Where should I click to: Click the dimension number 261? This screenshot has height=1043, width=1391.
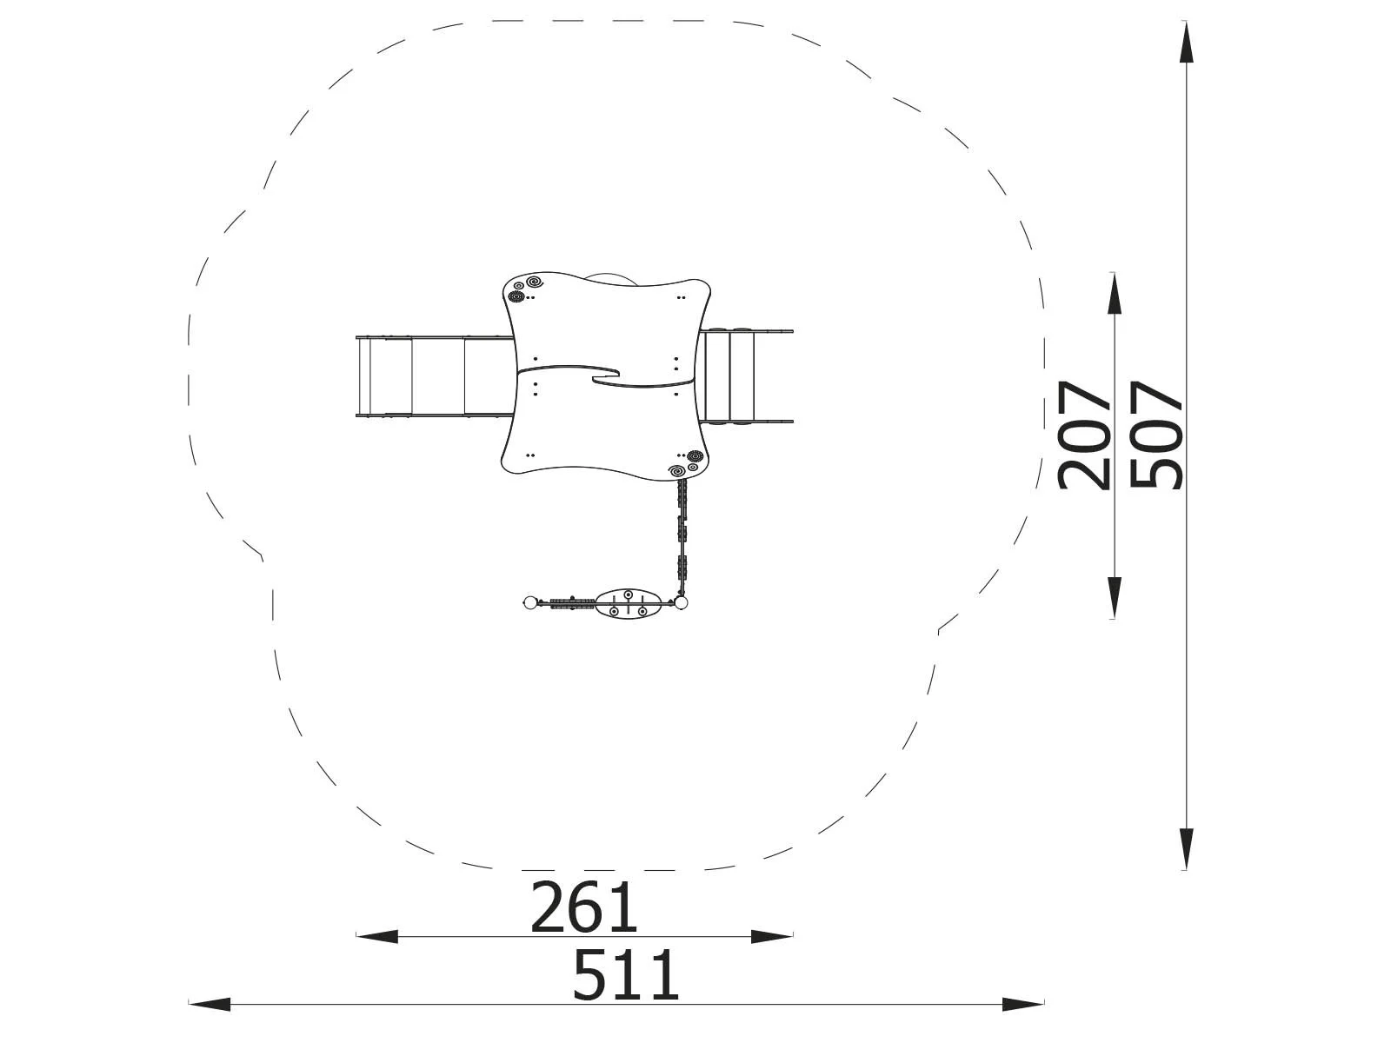[x=583, y=907]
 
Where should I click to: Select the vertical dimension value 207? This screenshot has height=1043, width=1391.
[x=1084, y=435]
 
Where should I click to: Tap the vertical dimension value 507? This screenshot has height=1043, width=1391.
[x=1156, y=435]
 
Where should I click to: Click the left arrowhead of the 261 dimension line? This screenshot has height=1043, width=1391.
[x=377, y=936]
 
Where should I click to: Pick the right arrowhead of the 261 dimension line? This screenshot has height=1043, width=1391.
[x=772, y=936]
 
